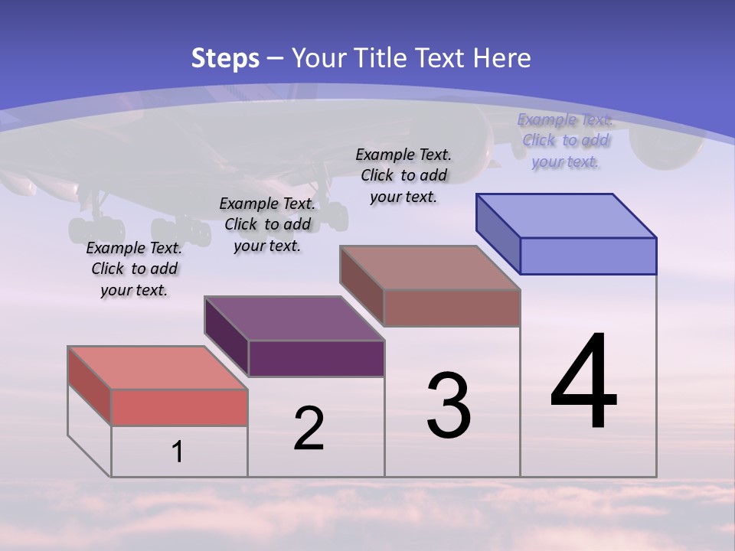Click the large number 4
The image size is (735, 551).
pos(583,383)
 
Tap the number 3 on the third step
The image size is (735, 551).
pos(449,406)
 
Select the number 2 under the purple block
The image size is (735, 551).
pos(309,429)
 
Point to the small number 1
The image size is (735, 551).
pos(177,452)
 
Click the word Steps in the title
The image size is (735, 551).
pos(225,58)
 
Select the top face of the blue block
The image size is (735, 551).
pos(567,215)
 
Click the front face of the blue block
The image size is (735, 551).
pos(588,256)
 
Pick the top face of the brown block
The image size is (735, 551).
pos(430,267)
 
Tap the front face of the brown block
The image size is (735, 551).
pos(452,308)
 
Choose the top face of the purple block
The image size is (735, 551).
pos(294,318)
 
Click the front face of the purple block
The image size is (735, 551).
pos(316,358)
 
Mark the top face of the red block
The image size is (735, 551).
pos(158,367)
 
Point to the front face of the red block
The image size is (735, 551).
pos(179,407)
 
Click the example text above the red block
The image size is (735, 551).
pos(135,269)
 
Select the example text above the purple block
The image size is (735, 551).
pos(267,225)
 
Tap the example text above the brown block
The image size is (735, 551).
pos(404,176)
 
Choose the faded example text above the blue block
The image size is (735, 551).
pos(565,141)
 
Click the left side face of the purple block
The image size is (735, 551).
pos(227,337)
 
